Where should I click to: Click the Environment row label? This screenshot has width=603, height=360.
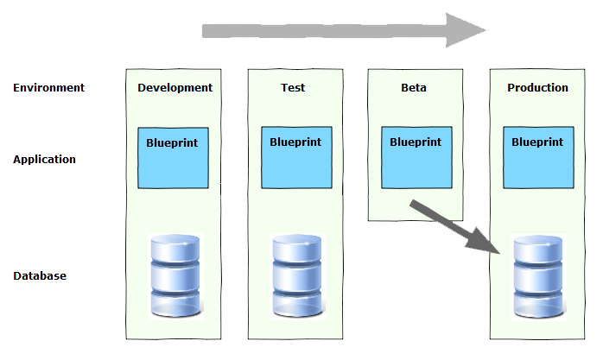pyautogui.click(x=48, y=87)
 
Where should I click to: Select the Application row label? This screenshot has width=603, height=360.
pyautogui.click(x=44, y=159)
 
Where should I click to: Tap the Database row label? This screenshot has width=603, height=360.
pyautogui.click(x=40, y=275)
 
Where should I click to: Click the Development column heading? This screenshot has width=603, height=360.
pyautogui.click(x=175, y=87)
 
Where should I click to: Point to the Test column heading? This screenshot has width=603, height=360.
pyautogui.click(x=293, y=87)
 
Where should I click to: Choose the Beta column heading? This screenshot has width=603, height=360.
pyautogui.click(x=414, y=87)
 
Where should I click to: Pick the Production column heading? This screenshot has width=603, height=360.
pyautogui.click(x=537, y=87)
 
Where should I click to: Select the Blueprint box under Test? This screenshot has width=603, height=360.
pyautogui.click(x=296, y=158)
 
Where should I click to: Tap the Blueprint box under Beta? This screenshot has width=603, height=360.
pyautogui.click(x=416, y=158)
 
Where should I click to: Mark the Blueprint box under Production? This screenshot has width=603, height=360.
pyautogui.click(x=538, y=158)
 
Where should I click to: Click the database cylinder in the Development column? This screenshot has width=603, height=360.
pyautogui.click(x=175, y=275)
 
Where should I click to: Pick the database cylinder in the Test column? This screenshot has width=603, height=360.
pyautogui.click(x=298, y=275)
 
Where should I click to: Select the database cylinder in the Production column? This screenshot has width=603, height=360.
pyautogui.click(x=539, y=275)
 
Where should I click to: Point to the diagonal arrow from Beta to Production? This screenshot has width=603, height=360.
pyautogui.click(x=449, y=226)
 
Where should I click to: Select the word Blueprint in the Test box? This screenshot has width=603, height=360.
pyautogui.click(x=296, y=141)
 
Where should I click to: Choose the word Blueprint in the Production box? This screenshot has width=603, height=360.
pyautogui.click(x=538, y=141)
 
